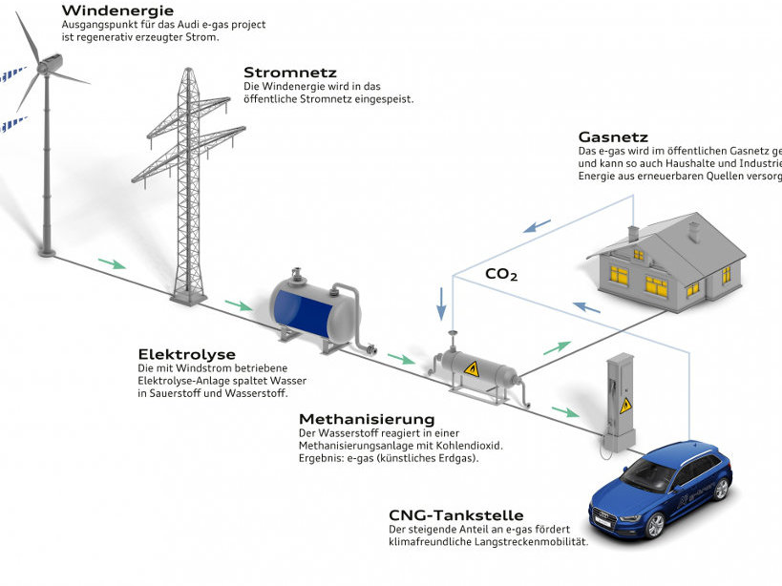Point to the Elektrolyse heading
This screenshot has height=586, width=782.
coord(186,354)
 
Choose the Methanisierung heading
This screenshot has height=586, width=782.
coord(367,419)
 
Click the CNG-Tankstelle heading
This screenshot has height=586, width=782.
coord(455,515)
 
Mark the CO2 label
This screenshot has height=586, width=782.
coord(501,275)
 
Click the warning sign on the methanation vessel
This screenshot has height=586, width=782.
coord(471,367)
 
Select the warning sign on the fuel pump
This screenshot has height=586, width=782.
coord(626,406)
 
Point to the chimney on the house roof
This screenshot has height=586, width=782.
coord(633,233)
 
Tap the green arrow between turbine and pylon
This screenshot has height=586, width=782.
coord(112,262)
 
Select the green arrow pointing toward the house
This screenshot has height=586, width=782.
coord(557,348)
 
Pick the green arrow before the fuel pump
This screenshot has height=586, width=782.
coord(565,413)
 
